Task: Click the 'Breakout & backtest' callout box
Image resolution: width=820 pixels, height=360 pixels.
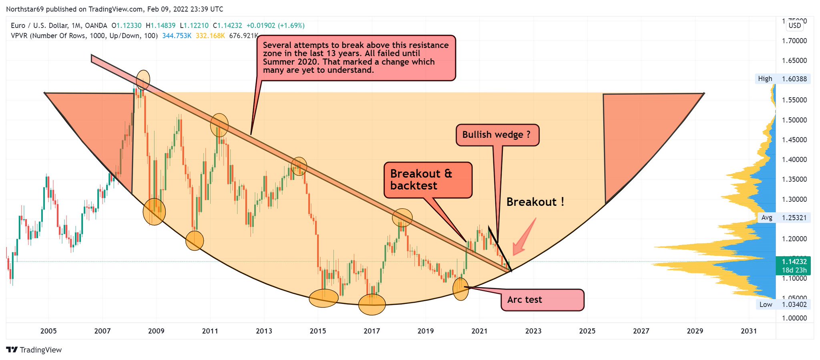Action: [x=428, y=180]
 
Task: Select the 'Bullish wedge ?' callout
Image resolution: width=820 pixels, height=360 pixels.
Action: [x=497, y=135]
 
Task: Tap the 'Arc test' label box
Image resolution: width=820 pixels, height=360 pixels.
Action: [x=542, y=300]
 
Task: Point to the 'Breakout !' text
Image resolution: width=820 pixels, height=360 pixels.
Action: [x=535, y=202]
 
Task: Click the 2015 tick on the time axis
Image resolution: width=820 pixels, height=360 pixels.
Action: [x=318, y=331]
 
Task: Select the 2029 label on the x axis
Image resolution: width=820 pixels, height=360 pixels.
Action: [x=695, y=331]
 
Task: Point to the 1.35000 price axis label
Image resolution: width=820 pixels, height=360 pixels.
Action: [x=794, y=179]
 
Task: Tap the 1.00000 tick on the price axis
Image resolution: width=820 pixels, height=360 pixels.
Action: [x=794, y=318]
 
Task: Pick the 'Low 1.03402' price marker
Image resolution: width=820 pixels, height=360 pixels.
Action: [x=783, y=304]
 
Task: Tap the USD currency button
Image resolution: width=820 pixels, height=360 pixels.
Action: [x=795, y=26]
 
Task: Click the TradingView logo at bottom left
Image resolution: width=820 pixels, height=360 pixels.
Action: [x=34, y=350]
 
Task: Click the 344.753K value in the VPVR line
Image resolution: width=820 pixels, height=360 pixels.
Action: [x=177, y=36]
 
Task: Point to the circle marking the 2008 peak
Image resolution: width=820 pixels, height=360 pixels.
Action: [x=143, y=80]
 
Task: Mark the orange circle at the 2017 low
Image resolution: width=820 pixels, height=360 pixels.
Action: [x=372, y=304]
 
